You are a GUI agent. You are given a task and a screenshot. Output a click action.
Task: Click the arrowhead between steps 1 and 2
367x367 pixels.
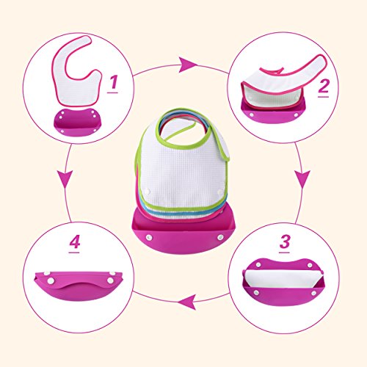[x=188, y=65]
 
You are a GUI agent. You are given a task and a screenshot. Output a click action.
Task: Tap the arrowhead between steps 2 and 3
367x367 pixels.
[x=302, y=179]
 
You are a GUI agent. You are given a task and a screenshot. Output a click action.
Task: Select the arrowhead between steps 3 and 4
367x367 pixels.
[x=187, y=302]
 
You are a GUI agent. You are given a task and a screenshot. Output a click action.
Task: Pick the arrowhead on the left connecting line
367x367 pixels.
[x=65, y=179]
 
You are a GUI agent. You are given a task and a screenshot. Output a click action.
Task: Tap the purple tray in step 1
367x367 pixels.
[x=77, y=123]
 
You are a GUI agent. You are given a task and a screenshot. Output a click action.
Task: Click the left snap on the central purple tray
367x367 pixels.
[x=149, y=237]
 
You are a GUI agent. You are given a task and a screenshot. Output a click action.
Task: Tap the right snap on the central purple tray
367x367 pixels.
[x=220, y=237]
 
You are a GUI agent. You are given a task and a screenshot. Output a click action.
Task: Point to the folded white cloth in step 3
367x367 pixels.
[x=283, y=279]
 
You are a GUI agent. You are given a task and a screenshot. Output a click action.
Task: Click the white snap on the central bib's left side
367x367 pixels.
[x=148, y=192]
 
